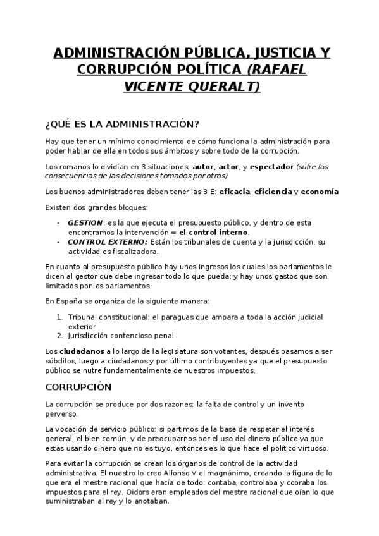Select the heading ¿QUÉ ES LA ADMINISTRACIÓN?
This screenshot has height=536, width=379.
pyautogui.click(x=123, y=122)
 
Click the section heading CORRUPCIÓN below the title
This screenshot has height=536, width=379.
pyautogui.click(x=78, y=386)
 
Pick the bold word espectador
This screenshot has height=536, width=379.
pyautogui.click(x=273, y=167)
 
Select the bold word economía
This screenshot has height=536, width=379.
pyautogui.click(x=320, y=192)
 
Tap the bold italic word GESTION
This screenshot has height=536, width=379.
pyautogui.click(x=85, y=223)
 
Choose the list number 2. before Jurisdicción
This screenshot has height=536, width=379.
pyautogui.click(x=60, y=335)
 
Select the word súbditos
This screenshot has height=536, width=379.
pyautogui.click(x=62, y=361)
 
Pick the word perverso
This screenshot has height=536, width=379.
pyautogui.click(x=61, y=413)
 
